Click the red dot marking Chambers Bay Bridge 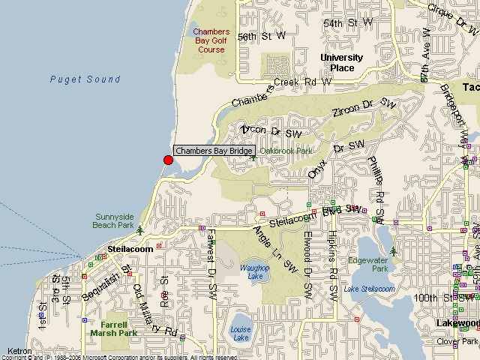click(x=168, y=160)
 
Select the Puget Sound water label click(x=85, y=79)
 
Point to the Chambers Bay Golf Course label click(x=211, y=40)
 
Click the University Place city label click(x=341, y=62)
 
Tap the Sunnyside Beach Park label click(x=112, y=219)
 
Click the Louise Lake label click(x=241, y=333)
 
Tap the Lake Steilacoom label click(x=369, y=289)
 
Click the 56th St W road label click(x=262, y=36)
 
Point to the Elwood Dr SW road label click(x=307, y=261)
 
